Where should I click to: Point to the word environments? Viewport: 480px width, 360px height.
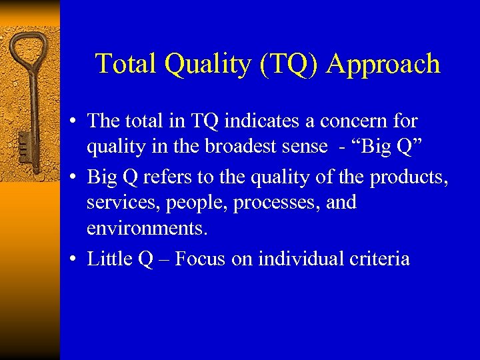pyautogui.click(x=147, y=229)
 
